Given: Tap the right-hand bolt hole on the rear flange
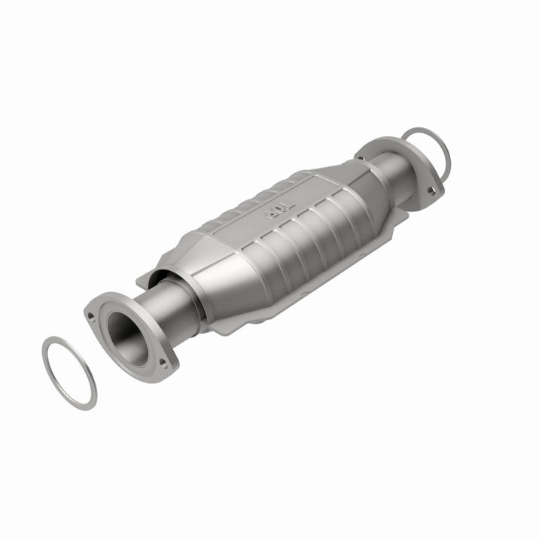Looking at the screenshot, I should point(431,190).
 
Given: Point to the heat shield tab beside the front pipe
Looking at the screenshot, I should point(151,279).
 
